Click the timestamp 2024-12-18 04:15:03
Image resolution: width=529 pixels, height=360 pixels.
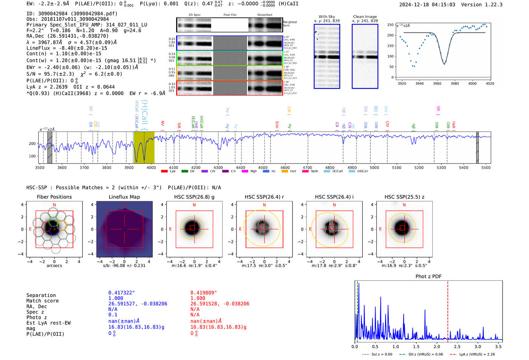click(427, 5)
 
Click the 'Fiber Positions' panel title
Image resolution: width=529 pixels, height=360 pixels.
click(54, 197)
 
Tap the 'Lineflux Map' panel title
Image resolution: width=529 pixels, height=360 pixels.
click(124, 197)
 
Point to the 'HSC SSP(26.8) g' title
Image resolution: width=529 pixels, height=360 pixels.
click(194, 197)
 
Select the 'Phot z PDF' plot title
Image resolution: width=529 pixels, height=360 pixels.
click(428, 276)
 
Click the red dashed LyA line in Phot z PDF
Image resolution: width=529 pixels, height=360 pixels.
click(448, 310)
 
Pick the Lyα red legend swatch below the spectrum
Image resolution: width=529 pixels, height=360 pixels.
click(164, 171)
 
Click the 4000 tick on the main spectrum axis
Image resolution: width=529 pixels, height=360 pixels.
click(151, 168)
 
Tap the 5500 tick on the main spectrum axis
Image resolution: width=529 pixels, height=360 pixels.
click(486, 168)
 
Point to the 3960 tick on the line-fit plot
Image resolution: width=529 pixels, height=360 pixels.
click(437, 83)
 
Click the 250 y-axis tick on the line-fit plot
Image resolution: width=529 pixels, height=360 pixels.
click(390, 25)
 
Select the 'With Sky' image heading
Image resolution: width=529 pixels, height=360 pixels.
click(327, 17)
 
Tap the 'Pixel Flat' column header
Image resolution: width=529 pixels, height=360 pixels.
click(230, 15)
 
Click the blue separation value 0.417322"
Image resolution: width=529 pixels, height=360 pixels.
click(121, 293)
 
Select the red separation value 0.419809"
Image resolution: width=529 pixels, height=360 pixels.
click(204, 293)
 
